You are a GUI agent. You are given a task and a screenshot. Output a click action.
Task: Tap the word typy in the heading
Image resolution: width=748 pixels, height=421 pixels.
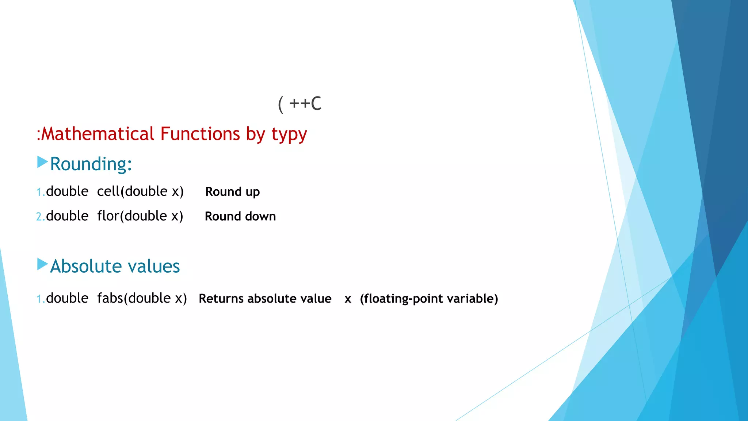(x=289, y=134)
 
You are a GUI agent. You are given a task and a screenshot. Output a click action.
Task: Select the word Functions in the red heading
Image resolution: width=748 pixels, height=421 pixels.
(x=200, y=134)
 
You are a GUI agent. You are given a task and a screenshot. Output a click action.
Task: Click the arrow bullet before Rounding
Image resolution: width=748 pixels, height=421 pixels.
(x=42, y=162)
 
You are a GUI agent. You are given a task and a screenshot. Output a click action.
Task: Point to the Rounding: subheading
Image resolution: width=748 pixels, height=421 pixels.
(x=91, y=164)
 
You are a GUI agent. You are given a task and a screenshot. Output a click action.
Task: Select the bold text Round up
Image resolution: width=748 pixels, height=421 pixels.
(x=232, y=192)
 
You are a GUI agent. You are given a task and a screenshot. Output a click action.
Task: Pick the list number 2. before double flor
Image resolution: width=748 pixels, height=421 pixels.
(x=40, y=217)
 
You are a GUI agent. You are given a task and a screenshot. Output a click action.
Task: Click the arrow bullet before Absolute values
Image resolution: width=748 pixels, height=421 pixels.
(x=42, y=264)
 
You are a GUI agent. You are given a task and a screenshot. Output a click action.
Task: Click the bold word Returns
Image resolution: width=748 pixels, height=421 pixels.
(x=221, y=299)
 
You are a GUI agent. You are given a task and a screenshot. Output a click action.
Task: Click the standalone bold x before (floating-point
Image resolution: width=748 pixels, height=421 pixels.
(x=348, y=299)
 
